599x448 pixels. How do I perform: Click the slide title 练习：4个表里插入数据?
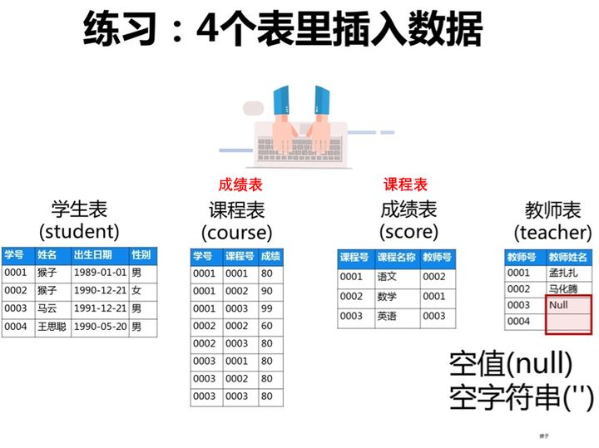[284, 31]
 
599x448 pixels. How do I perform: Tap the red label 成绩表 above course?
[240, 185]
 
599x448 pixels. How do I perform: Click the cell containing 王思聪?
[52, 327]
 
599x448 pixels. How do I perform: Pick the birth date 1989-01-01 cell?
[99, 272]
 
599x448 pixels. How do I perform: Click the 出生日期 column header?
[99, 254]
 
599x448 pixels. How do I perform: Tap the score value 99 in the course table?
[267, 308]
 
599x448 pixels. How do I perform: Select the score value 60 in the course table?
[267, 327]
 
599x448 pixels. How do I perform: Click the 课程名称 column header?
[396, 258]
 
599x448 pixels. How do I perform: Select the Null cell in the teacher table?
[568, 305]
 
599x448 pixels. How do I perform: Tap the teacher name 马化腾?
[565, 288]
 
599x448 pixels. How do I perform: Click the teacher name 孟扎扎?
[565, 273]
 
